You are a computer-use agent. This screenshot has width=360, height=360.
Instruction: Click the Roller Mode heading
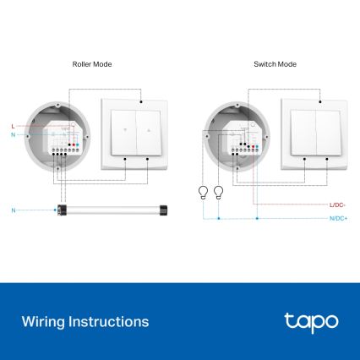point(93,64)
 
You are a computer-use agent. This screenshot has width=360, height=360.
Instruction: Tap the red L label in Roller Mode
point(14,125)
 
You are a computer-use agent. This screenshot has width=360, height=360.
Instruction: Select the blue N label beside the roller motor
point(14,208)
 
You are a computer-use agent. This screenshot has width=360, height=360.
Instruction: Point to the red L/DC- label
point(338,205)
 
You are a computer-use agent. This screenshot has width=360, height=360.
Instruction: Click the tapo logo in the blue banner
point(311,321)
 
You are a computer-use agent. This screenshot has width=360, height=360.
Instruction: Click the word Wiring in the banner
point(42,322)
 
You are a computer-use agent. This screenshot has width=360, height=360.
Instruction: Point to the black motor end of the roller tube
point(62,208)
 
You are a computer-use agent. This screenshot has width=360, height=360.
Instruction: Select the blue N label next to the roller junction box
point(14,135)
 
